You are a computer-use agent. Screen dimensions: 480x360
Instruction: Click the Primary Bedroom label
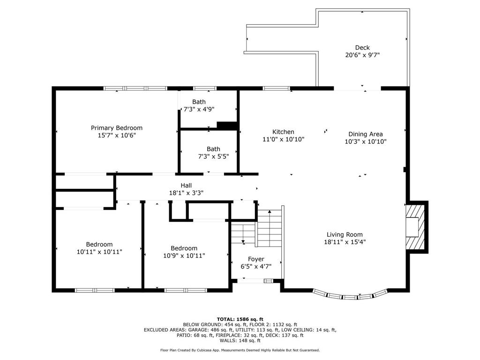[117, 128]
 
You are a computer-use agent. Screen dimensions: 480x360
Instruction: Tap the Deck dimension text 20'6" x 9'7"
[362, 55]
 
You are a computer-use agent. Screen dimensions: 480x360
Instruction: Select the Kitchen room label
[283, 132]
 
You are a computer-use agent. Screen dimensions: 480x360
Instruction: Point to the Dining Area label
[366, 134]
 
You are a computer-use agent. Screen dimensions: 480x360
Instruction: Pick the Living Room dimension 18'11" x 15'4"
[345, 242]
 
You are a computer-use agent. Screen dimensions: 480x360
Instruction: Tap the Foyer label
[256, 259]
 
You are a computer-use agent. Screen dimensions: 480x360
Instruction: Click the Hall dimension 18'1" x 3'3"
[186, 193]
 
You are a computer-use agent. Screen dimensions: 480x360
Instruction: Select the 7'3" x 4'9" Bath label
[199, 109]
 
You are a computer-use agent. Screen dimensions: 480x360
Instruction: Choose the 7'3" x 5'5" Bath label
[213, 157]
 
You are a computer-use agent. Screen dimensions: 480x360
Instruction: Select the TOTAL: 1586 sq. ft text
[240, 319]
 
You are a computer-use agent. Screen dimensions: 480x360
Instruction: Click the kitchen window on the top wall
[276, 89]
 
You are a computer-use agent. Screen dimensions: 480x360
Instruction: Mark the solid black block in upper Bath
[227, 125]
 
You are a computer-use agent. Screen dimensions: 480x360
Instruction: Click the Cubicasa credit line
[240, 350]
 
